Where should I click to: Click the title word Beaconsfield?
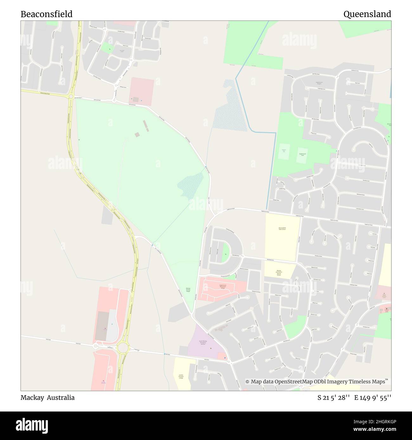click(47, 14)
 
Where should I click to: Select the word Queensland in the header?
click(367, 14)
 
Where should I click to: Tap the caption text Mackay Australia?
click(48, 398)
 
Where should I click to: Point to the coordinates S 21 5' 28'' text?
click(333, 398)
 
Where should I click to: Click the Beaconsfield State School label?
click(282, 229)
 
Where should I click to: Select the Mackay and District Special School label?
click(279, 273)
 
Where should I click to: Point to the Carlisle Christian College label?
click(181, 376)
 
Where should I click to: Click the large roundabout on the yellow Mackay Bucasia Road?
click(122, 348)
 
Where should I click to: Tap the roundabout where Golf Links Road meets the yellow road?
click(71, 97)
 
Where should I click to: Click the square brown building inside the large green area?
click(137, 135)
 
